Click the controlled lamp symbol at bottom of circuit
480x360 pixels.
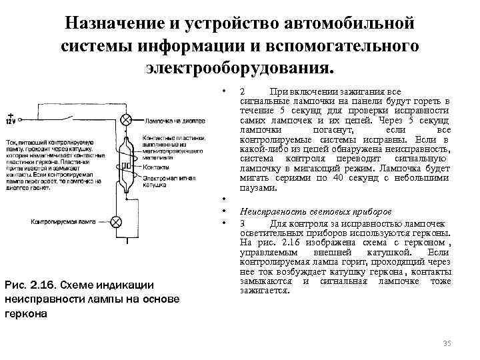(x=117, y=222)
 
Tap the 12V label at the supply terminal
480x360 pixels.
(x=10, y=121)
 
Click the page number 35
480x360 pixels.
(x=447, y=343)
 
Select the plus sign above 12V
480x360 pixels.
(x=11, y=114)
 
